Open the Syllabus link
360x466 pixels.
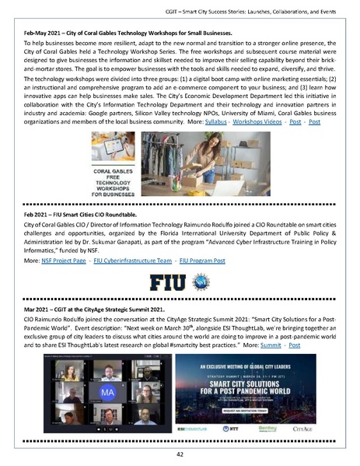click(x=216, y=123)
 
